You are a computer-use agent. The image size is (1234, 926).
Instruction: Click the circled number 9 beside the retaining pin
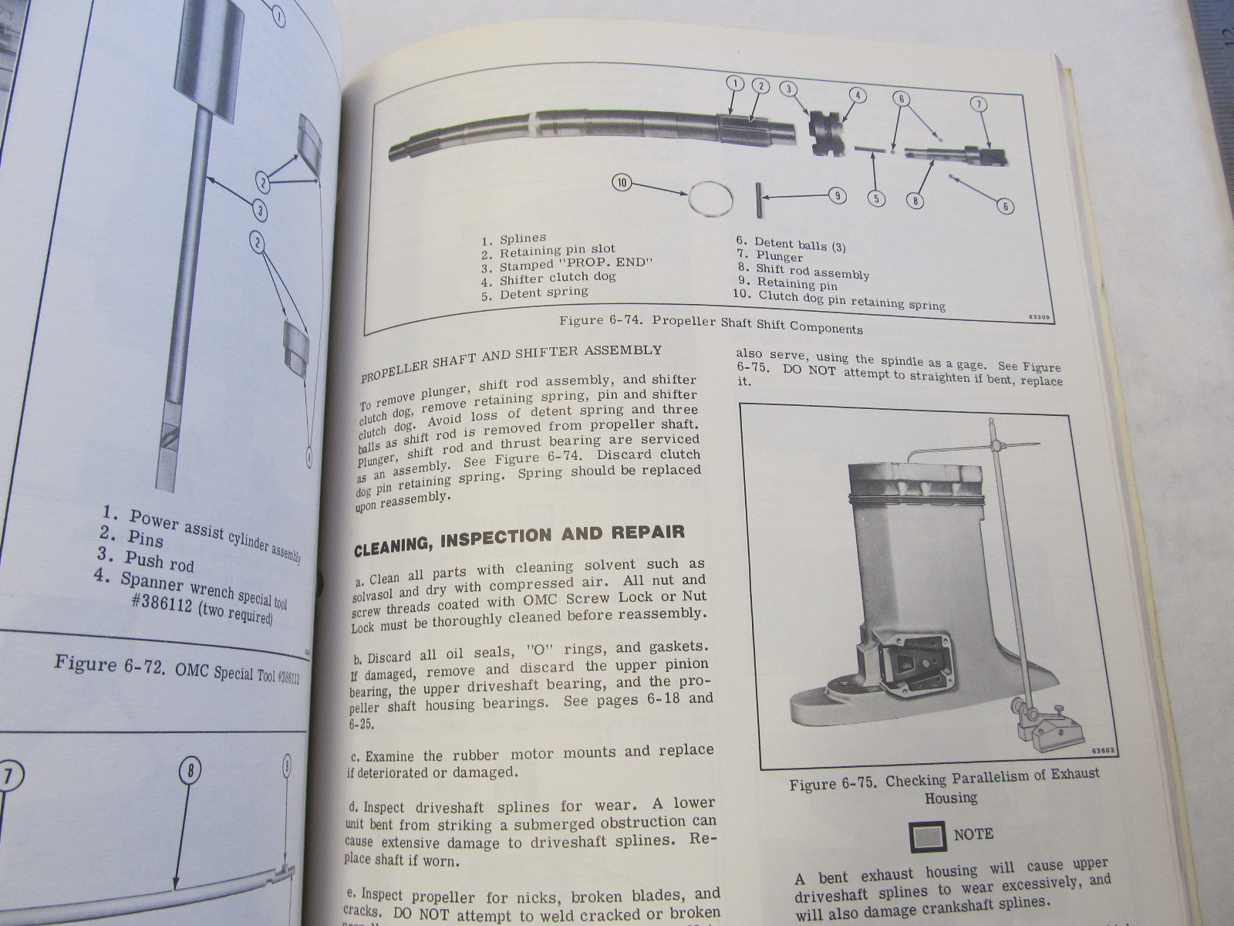(838, 196)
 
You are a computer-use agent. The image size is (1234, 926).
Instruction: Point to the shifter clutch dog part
(826, 133)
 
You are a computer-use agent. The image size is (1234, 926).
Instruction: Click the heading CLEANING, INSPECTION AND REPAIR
(518, 538)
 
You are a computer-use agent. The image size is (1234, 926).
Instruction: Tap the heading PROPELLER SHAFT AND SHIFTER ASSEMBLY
(511, 363)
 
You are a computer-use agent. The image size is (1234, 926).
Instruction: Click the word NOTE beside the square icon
(973, 834)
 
